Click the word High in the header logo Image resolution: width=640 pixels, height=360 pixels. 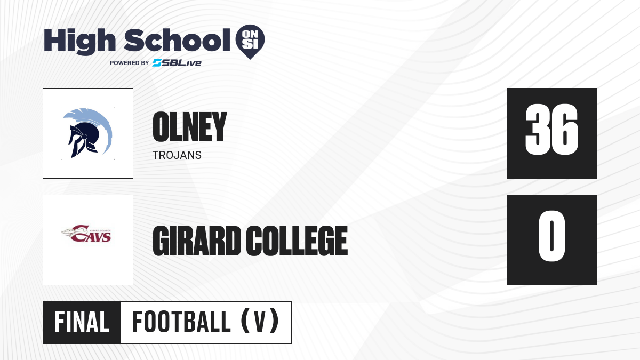[80, 42]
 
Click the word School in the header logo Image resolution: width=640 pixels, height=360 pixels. [177, 40]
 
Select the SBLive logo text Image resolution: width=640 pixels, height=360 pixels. [177, 63]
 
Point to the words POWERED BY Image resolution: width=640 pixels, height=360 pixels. [129, 63]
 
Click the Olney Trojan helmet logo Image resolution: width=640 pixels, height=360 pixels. [87, 133]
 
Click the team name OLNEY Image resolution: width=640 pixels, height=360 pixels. [190, 127]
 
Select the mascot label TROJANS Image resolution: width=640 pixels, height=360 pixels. [177, 155]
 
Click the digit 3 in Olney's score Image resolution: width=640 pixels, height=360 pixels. [538, 130]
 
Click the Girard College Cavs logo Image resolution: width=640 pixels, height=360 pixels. [86, 234]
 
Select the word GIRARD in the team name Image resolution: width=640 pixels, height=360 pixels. [197, 241]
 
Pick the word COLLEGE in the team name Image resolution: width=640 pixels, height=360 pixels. [297, 241]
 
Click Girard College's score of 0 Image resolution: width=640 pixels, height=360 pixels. [551, 236]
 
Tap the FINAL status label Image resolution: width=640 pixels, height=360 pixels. [82, 322]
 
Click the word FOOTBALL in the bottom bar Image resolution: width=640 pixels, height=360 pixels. [181, 322]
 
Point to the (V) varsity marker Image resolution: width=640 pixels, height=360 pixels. [260, 321]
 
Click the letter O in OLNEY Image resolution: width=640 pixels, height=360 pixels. [161, 127]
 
